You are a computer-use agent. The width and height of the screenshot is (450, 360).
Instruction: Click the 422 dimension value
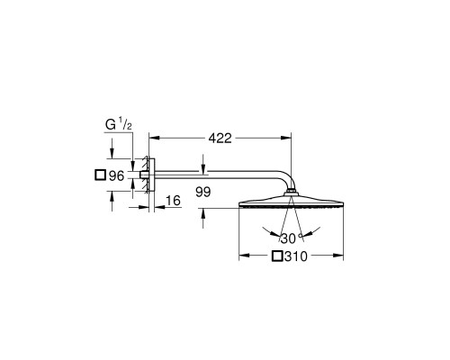(x=220, y=139)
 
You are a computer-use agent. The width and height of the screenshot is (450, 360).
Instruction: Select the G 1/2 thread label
(x=119, y=124)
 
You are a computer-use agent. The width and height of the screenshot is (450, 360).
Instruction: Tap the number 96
(x=116, y=175)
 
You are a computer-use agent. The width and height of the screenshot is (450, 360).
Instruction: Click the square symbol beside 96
(x=100, y=175)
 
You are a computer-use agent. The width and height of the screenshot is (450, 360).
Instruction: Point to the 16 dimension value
(x=173, y=201)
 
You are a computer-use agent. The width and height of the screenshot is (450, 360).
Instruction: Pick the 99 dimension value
(x=203, y=192)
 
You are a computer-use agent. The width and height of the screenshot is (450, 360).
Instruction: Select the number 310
(x=296, y=256)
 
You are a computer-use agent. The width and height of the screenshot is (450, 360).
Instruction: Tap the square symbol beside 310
(x=277, y=256)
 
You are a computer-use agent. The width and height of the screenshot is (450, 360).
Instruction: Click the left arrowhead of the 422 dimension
(x=154, y=138)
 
